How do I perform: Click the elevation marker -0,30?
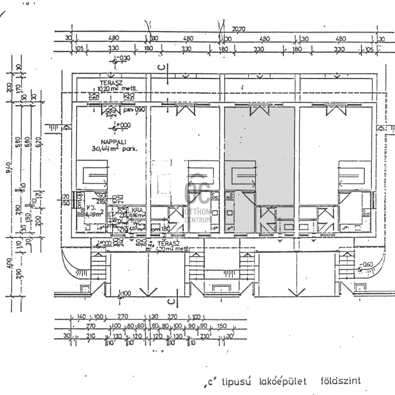(x=122, y=58)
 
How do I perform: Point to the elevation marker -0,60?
(x=367, y=265)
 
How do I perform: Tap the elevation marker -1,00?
(x=125, y=293)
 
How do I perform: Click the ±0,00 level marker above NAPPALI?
(x=122, y=125)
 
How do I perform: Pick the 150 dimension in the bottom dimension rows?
(x=222, y=326)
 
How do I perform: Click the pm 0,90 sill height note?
(x=130, y=109)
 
